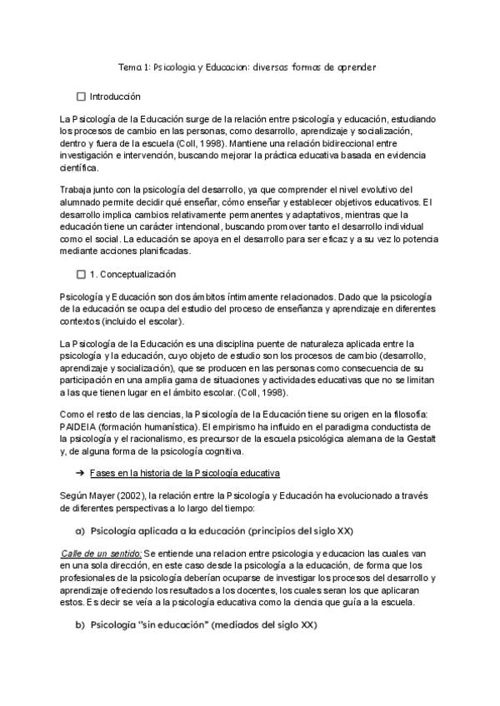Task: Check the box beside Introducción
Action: point(81,97)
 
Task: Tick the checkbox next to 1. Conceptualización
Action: point(81,274)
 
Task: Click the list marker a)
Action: point(80,529)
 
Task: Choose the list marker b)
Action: point(80,625)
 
